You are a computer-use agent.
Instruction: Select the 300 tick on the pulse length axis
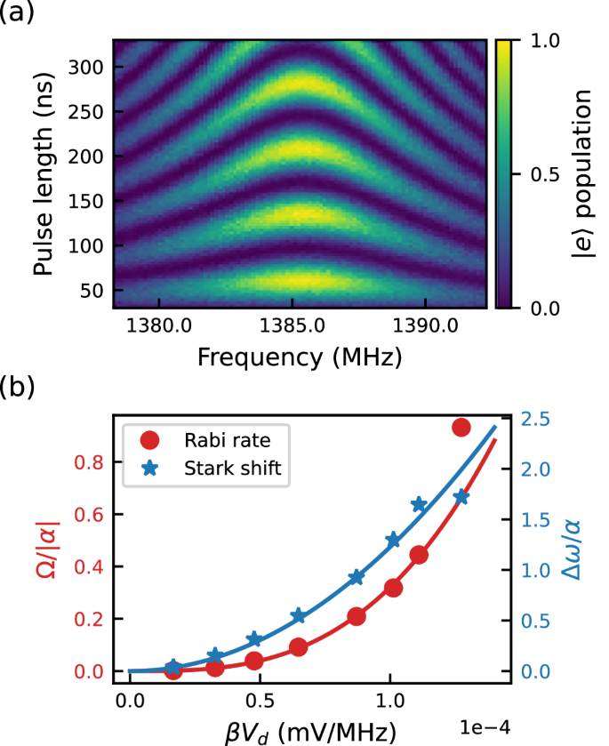pyautogui.click(x=92, y=67)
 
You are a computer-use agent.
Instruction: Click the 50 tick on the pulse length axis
pyautogui.click(x=95, y=291)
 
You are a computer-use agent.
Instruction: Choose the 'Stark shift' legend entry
pyautogui.click(x=239, y=468)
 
